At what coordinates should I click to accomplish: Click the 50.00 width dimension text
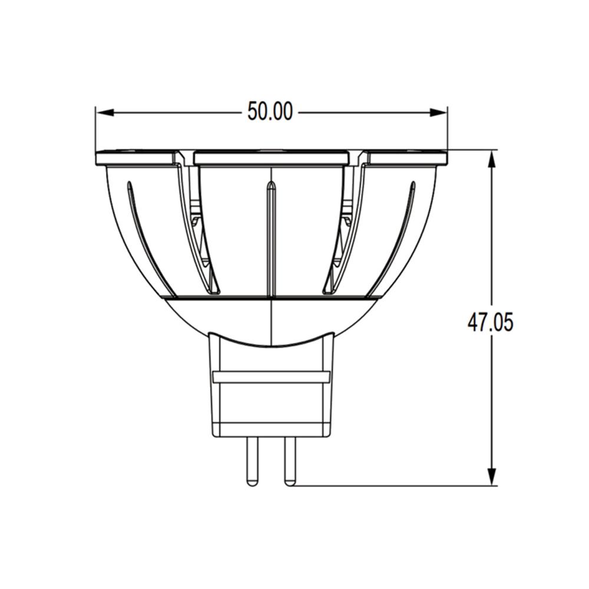pos(270,111)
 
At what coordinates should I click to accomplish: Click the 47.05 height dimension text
pos(490,322)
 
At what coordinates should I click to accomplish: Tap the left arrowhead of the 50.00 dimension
pos(105,112)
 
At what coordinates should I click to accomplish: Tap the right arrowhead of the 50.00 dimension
pos(438,112)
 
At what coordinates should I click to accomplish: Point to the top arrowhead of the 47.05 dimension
pos(492,159)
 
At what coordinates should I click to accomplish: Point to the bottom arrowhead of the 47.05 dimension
pos(492,477)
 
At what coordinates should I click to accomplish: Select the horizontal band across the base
pos(271,377)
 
